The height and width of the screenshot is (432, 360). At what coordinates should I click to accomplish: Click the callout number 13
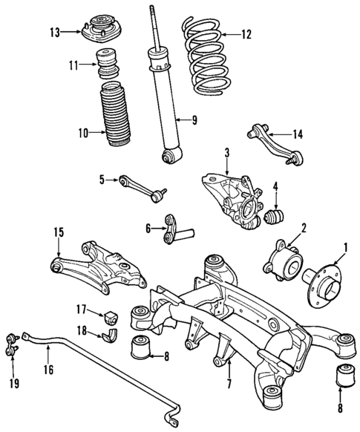tap(54, 31)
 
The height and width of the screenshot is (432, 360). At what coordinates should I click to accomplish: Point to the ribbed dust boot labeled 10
tap(117, 120)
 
